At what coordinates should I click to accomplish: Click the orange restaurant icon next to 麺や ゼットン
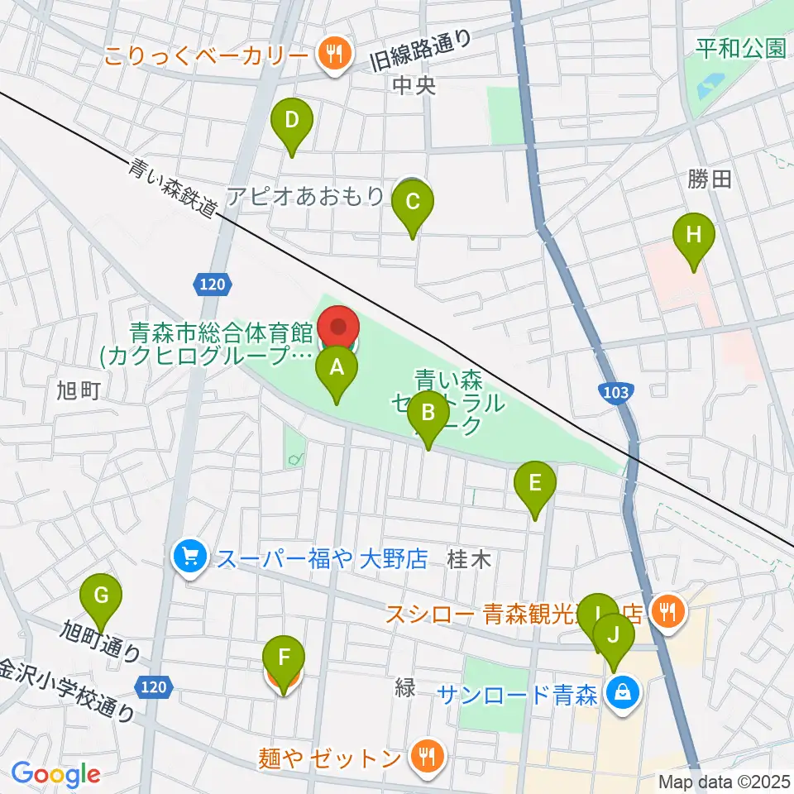point(427,756)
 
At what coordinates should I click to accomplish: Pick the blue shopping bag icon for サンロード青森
point(624,694)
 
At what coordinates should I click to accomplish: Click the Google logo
point(55,774)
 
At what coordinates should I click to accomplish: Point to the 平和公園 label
point(740,49)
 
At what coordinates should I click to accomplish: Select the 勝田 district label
point(710,179)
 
